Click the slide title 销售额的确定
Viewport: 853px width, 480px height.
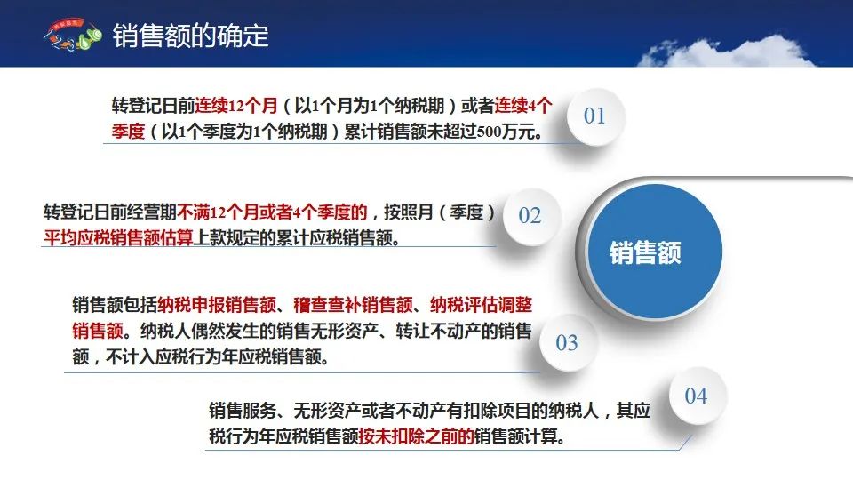190,36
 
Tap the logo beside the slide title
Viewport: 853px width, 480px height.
72,35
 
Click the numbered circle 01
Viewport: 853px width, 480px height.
595,116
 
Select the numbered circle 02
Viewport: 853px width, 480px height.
530,216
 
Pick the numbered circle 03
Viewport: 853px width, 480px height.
567,343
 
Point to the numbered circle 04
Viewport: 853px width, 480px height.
697,396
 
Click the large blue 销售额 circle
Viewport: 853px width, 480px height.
654,252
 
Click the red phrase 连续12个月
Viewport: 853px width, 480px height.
236,105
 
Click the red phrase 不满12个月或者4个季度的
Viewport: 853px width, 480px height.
273,212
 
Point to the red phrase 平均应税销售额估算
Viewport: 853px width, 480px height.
118,238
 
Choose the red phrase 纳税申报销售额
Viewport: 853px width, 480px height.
217,305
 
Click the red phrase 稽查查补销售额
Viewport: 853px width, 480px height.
353,305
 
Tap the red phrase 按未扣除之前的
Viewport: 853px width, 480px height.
416,436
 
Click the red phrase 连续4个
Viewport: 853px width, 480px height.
523,105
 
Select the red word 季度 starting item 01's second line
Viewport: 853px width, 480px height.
128,132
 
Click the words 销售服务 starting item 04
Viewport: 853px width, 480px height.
243,411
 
